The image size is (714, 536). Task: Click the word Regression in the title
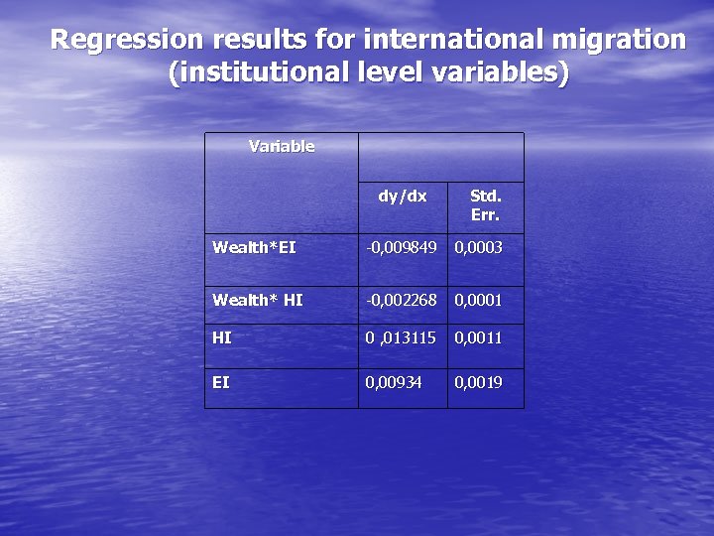(121, 40)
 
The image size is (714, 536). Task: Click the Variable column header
(282, 147)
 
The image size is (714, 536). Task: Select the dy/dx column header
(402, 197)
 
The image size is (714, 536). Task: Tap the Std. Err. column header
(485, 205)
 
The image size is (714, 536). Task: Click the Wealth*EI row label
(254, 247)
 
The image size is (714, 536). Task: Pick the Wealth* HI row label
(258, 300)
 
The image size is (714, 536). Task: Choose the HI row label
(222, 337)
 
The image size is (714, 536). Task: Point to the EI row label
(221, 382)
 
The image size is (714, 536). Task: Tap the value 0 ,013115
(401, 337)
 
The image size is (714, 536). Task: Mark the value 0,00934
(394, 382)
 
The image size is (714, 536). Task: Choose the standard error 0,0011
(478, 337)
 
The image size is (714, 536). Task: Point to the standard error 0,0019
(478, 382)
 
